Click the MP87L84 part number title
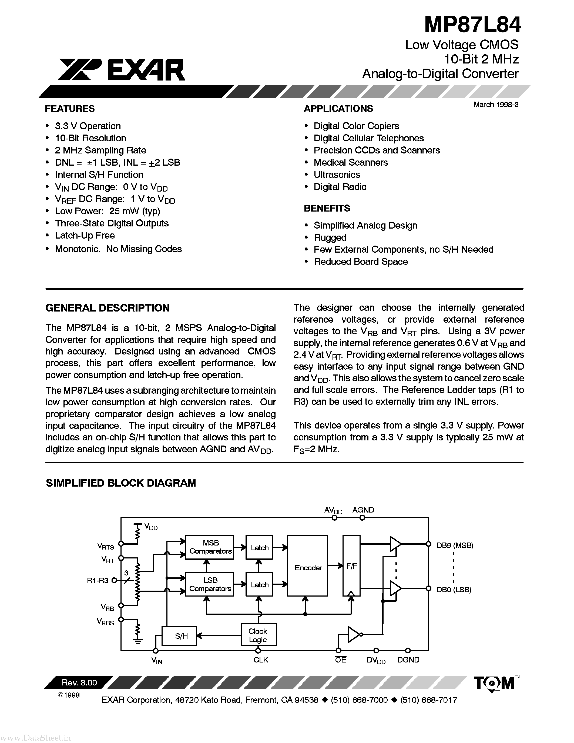[x=472, y=25]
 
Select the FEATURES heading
[x=70, y=109]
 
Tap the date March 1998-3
[x=496, y=105]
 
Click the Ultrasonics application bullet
[x=337, y=175]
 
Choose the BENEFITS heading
[x=327, y=208]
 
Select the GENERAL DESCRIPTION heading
[x=107, y=308]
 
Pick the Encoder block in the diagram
[x=308, y=567]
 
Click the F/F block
[x=351, y=566]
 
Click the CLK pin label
[x=261, y=660]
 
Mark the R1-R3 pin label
[x=97, y=580]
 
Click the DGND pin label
[x=408, y=660]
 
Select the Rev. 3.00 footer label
[x=79, y=682]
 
